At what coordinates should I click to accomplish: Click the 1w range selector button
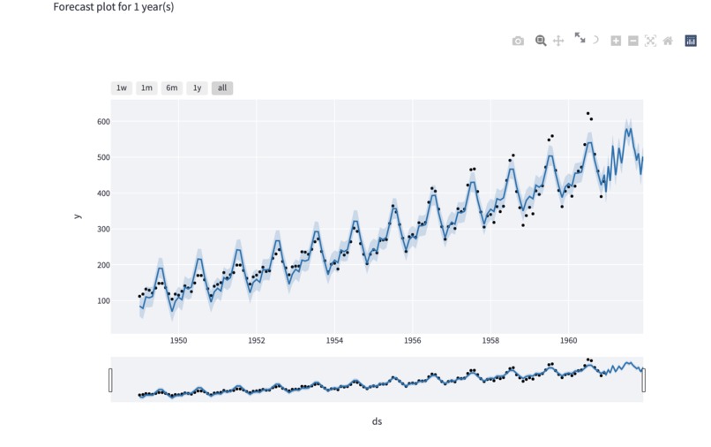122,87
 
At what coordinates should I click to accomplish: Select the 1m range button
146,87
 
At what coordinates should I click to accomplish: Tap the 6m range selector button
172,87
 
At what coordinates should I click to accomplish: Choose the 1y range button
197,87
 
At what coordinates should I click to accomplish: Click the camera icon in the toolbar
518,41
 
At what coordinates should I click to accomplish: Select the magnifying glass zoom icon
541,41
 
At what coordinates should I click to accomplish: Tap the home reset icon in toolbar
668,41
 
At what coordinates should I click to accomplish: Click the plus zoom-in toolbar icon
616,41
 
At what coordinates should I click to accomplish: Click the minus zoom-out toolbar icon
633,41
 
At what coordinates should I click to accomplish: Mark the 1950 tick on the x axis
178,340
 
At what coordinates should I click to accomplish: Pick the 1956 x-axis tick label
412,340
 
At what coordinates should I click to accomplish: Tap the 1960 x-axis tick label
567,340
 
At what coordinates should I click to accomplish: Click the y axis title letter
78,216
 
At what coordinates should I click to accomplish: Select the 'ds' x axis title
377,421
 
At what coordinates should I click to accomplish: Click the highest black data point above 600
588,114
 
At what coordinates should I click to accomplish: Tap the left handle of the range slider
110,380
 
